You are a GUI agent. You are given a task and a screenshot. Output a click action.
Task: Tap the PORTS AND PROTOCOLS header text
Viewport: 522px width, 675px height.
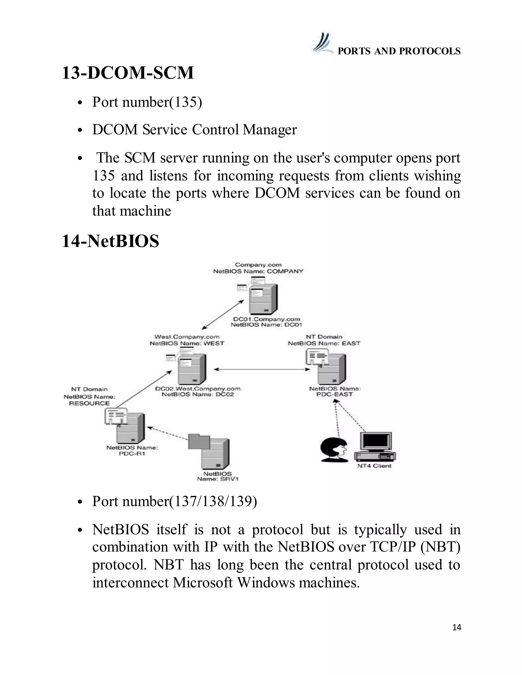[399, 51]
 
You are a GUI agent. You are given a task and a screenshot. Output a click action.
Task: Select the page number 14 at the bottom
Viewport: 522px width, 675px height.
[456, 627]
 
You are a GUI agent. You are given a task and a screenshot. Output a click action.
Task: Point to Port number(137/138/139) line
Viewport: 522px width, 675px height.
[174, 501]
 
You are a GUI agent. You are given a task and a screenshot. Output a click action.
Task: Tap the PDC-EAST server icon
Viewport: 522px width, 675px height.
[331, 368]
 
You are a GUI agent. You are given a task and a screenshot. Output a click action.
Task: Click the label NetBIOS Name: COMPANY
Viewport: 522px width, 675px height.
[258, 271]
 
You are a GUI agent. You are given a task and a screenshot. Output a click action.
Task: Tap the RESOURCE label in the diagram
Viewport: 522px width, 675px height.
[89, 403]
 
